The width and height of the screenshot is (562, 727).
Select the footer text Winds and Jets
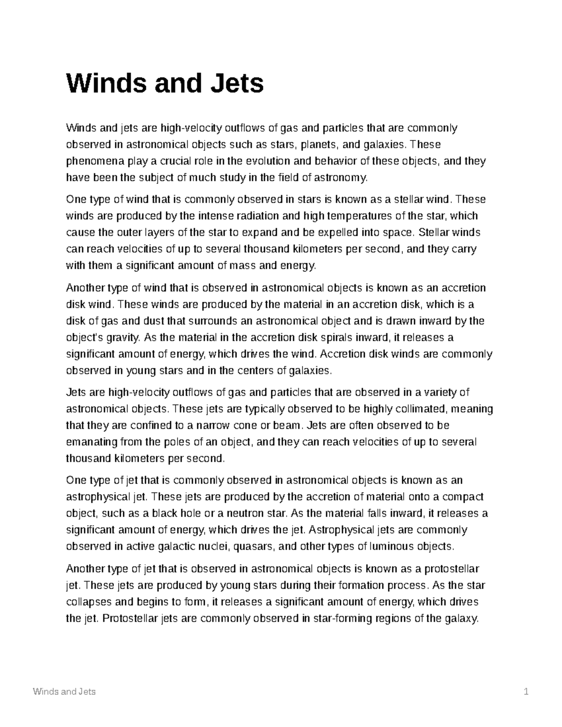tap(64, 692)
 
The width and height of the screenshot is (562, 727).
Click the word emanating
tap(92, 442)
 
